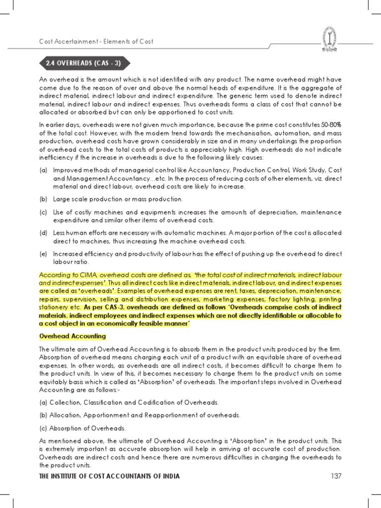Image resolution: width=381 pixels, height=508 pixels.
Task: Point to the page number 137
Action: [336, 476]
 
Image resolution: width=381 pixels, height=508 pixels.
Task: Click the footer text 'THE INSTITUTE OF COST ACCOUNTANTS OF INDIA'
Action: [109, 476]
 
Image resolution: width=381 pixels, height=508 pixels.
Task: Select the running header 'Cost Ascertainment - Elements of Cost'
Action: [96, 41]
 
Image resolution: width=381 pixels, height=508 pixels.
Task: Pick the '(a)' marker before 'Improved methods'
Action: [43, 170]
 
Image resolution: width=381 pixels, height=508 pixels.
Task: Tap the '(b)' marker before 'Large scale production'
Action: [43, 199]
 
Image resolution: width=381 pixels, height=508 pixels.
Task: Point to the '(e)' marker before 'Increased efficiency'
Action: [43, 254]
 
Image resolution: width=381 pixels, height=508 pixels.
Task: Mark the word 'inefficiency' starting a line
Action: [56, 157]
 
